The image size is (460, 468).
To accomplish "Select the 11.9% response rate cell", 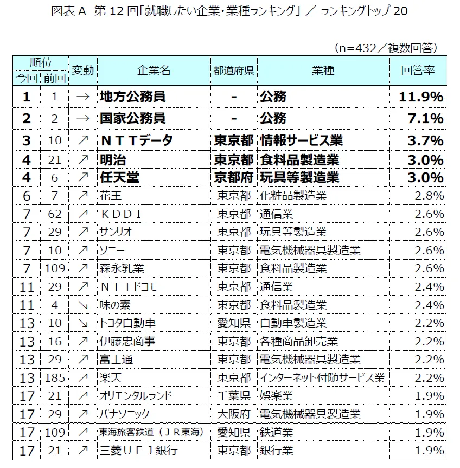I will click(421, 97).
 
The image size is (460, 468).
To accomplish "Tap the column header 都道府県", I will click(234, 70).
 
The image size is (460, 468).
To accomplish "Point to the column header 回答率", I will click(417, 70).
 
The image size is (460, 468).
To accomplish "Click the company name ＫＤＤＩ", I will click(121, 214).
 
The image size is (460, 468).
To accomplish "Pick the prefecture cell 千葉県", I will click(234, 395).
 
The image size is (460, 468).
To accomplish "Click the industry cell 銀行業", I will click(276, 450).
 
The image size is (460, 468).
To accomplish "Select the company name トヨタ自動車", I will click(127, 323).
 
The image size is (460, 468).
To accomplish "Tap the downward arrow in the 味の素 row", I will click(82, 305).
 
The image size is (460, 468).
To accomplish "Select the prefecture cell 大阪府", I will click(234, 414).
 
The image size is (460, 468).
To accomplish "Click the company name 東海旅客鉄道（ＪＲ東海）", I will click(150, 432).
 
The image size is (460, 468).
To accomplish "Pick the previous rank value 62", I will click(54, 214).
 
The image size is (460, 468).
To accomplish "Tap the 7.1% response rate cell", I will click(429, 118).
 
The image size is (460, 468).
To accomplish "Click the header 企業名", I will click(154, 70).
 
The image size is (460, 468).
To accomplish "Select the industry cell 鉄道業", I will click(276, 432).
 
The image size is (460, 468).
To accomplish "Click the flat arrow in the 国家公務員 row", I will click(82, 118).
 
